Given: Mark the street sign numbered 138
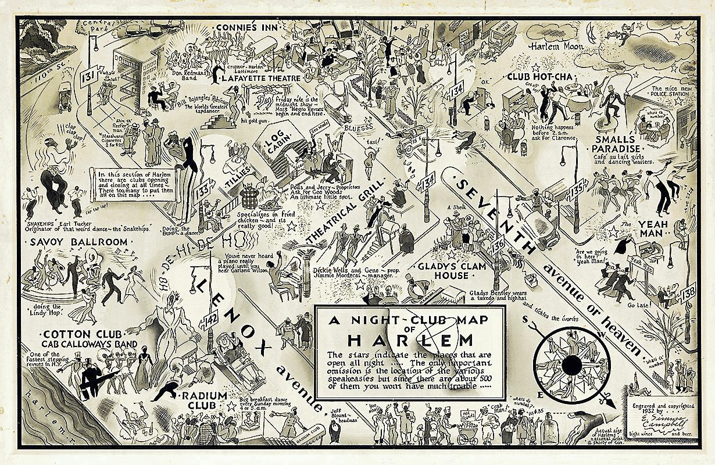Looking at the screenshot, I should (688, 292).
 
